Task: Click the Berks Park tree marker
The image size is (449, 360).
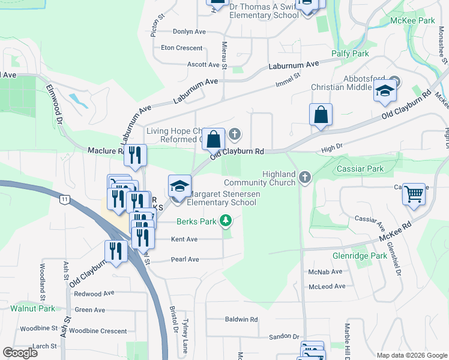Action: coord(226,221)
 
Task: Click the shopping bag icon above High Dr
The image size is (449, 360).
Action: coord(321,115)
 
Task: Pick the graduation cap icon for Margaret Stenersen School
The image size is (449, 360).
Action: coord(179,186)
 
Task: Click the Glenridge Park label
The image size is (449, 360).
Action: coord(360,256)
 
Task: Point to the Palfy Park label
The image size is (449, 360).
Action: coord(350,53)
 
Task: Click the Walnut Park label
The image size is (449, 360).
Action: coord(32,308)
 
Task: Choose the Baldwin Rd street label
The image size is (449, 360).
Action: coord(241,319)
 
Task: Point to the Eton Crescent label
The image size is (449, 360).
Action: coord(182,48)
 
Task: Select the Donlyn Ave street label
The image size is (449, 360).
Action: coord(189,32)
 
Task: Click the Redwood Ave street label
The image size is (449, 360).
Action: coord(94,294)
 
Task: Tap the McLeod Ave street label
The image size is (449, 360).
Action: coord(327,286)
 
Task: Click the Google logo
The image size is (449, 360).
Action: coord(20,353)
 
